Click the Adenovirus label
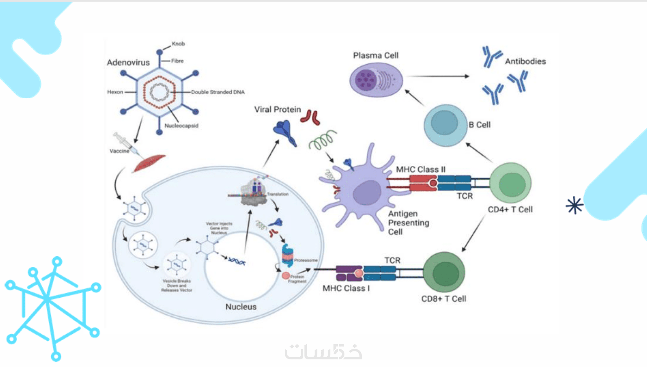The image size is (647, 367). tap(128, 63)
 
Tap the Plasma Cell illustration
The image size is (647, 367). tap(376, 80)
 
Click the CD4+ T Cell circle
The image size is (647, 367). tap(510, 183)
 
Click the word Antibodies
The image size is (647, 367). tap(525, 61)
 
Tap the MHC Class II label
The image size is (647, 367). tap(421, 169)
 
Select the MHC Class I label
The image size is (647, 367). tap(346, 288)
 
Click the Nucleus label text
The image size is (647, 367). tap(241, 307)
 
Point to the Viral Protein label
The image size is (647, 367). tap(277, 110)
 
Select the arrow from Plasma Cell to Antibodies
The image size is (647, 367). tap(438, 76)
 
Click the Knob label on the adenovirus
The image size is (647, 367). tap(178, 44)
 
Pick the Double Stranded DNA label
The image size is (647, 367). tap(218, 92)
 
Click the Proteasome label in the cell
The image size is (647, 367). tap(306, 260)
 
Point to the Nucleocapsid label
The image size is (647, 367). tap(181, 126)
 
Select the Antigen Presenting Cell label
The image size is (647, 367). tap(408, 223)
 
